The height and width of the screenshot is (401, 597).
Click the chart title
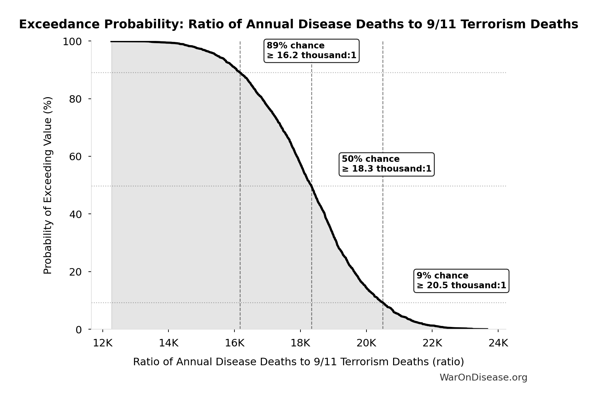click(298, 24)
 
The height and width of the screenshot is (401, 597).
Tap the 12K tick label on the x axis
click(103, 343)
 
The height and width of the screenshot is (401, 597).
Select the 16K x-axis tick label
click(234, 343)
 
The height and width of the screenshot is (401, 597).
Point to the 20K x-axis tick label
click(366, 343)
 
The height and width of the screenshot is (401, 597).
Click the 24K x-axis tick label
click(498, 343)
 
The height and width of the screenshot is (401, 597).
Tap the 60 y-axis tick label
click(75, 157)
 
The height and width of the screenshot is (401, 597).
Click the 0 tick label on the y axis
click(79, 330)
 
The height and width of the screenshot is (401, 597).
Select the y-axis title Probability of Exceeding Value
click(47, 185)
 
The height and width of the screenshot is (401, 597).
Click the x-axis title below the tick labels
click(298, 362)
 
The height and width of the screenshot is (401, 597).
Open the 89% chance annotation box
click(311, 51)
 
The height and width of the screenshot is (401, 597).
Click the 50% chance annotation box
click(386, 164)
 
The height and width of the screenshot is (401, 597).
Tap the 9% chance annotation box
click(461, 281)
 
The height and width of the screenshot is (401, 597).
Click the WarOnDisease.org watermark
click(483, 378)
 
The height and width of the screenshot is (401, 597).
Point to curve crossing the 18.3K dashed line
click(312, 186)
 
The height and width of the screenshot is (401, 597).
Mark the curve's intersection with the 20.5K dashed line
click(383, 303)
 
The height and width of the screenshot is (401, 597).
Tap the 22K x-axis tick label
click(432, 343)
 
